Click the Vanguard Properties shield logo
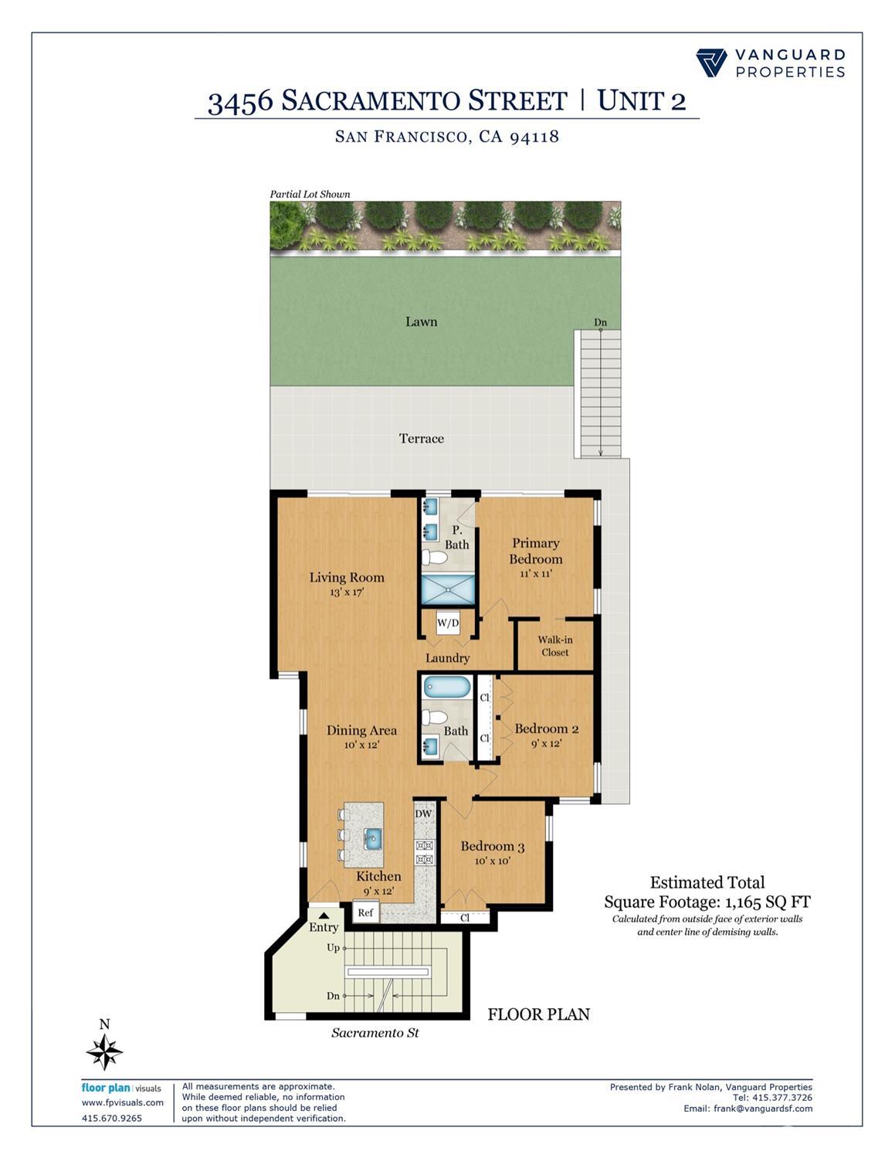tap(711, 63)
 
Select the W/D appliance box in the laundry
tap(448, 623)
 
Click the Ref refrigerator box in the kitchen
tap(365, 912)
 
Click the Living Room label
tap(347, 577)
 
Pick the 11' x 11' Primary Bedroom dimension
tap(535, 574)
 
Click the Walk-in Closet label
tap(554, 646)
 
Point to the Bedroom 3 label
tap(492, 846)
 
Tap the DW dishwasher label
tap(423, 813)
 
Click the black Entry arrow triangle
tap(324, 915)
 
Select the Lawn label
tap(421, 321)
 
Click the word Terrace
tap(421, 438)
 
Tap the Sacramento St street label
tap(375, 1032)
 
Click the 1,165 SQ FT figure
tap(767, 902)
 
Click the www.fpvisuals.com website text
tap(123, 1102)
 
